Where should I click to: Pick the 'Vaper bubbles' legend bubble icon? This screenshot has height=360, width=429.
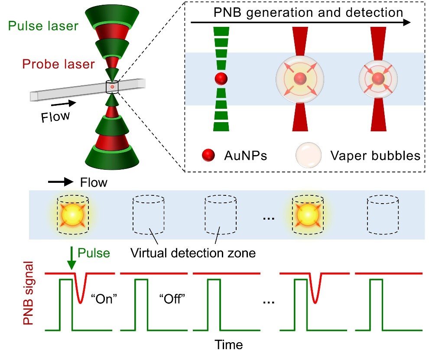point(308,155)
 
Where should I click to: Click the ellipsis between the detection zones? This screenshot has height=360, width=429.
point(269,219)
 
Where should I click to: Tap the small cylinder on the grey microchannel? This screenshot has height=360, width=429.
point(112,87)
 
